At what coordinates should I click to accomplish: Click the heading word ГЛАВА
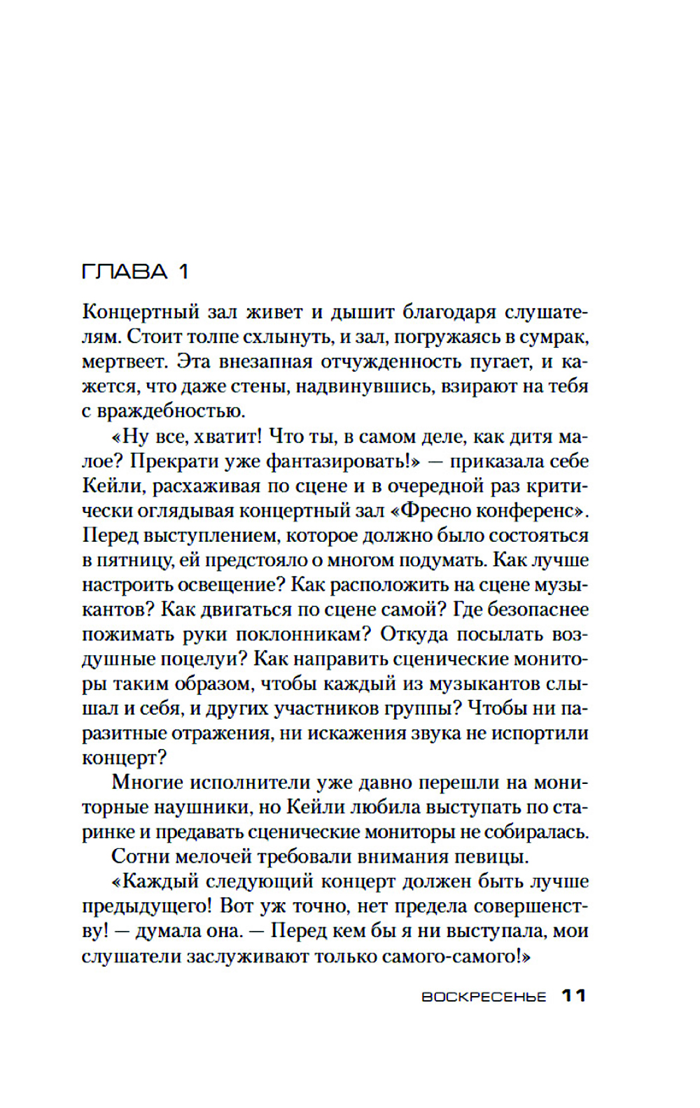coord(125,272)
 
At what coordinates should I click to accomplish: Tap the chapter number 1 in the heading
coord(183,272)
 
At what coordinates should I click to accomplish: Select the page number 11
coord(574,996)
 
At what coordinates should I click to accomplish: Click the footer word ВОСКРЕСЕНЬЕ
coord(484,997)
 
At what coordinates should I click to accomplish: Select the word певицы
coord(495,857)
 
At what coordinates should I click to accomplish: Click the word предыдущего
coord(146,906)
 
